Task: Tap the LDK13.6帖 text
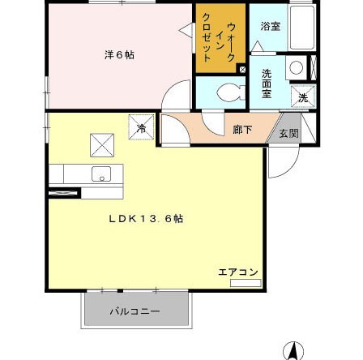tap(146, 218)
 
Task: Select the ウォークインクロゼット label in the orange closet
tap(220, 36)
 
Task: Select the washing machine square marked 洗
tap(303, 97)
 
